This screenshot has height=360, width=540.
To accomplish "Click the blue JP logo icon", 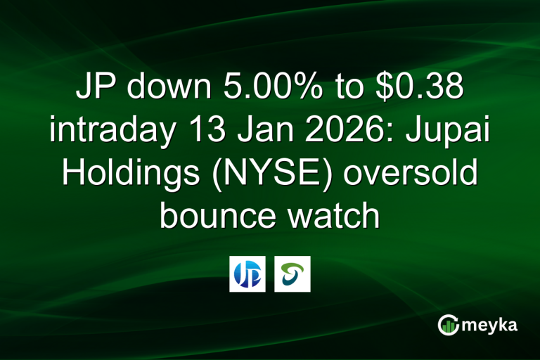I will pyautogui.click(x=247, y=274).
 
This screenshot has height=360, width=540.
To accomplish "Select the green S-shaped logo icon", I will pyautogui.click(x=292, y=274).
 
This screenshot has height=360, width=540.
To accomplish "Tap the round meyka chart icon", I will pyautogui.click(x=447, y=325).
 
